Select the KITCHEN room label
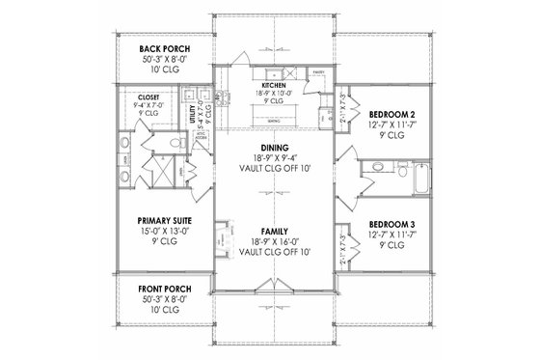click(x=274, y=86)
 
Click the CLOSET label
click(x=148, y=97)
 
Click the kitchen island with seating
click(x=274, y=120)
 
